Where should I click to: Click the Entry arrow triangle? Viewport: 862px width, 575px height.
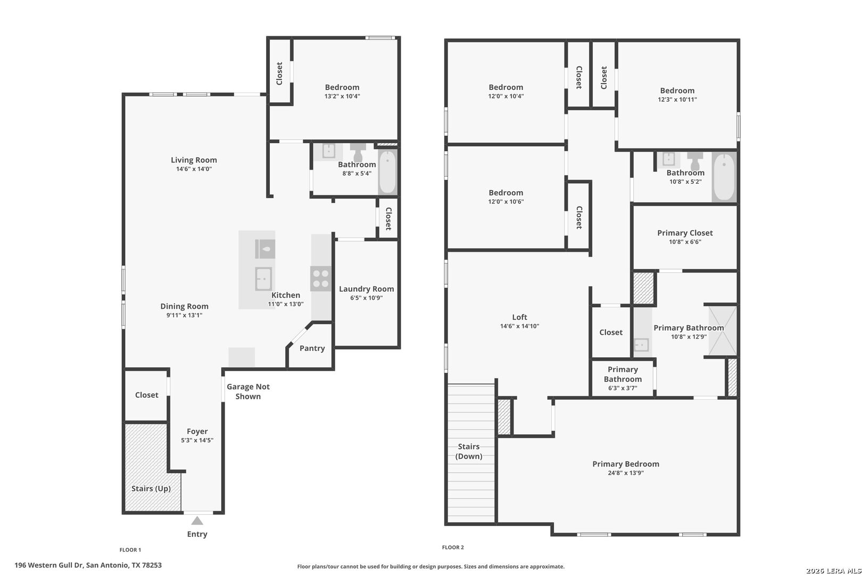point(197,521)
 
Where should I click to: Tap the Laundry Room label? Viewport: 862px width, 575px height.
point(366,289)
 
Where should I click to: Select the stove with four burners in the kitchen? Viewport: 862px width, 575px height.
point(321,278)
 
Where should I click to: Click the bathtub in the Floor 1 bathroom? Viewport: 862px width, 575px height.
point(387,171)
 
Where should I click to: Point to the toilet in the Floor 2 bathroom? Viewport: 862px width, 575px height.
point(694,161)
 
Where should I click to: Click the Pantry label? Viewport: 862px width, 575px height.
point(312,348)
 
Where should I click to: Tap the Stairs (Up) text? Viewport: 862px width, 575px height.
point(151,488)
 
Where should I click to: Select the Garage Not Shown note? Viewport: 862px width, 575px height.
point(248,391)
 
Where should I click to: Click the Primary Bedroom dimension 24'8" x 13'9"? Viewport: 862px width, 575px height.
point(626,473)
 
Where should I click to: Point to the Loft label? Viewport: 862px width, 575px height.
point(519,317)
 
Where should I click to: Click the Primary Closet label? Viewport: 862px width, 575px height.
point(685,233)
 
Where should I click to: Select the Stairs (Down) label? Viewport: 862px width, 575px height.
point(469,451)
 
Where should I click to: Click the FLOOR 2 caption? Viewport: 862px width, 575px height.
point(453,547)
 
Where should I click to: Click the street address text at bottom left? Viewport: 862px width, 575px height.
point(88,565)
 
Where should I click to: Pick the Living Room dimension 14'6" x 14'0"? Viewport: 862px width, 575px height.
point(194,169)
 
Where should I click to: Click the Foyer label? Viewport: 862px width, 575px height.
point(197,432)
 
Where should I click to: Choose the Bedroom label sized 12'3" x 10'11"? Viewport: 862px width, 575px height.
point(677,91)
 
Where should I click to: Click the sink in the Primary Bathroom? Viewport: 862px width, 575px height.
point(642,345)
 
